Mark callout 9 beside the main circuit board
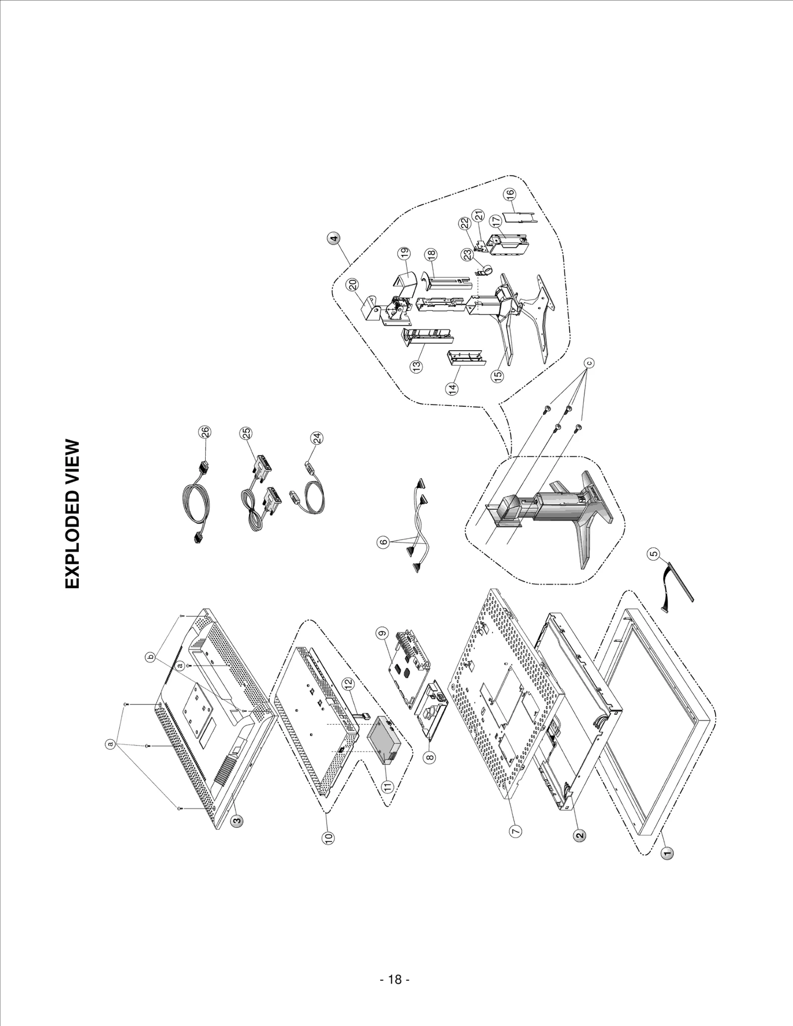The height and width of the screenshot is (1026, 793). coord(381,633)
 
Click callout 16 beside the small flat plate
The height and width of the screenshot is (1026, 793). coord(511,194)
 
